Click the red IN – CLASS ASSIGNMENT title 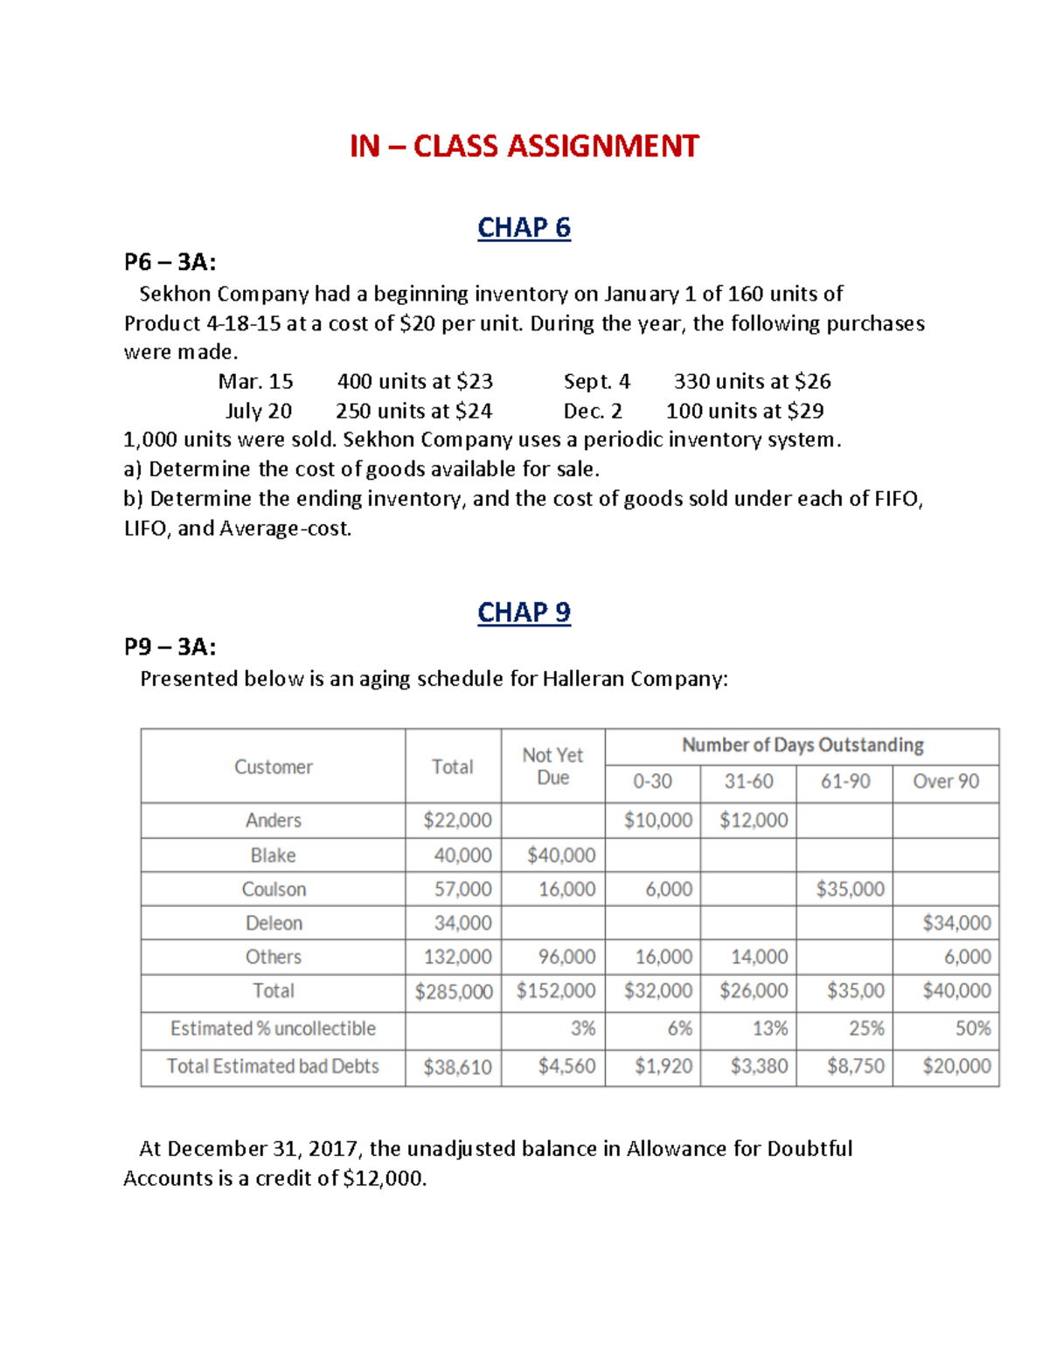pos(524,146)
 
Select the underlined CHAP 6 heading pos(524,228)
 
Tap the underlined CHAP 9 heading pos(524,613)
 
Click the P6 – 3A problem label pos(170,262)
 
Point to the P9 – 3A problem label pos(170,647)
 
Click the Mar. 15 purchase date pos(255,382)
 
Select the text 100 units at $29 pos(745,411)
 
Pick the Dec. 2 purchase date pos(593,411)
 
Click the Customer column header pos(273,767)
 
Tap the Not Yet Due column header pos(552,766)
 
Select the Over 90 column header pos(945,781)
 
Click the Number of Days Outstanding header pos(802,745)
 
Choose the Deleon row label pos(274,923)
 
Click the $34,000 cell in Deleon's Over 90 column pos(956,923)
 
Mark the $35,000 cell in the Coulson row pos(850,890)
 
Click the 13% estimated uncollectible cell pos(769,1028)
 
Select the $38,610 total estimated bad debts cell pos(457,1067)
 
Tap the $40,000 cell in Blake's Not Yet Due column pos(560,855)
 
